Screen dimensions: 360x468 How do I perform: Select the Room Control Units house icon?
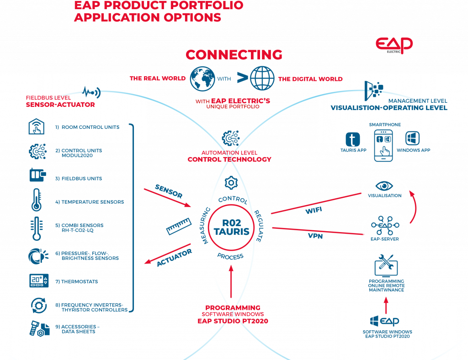[36, 127]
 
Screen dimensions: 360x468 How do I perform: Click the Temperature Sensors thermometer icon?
[36, 200]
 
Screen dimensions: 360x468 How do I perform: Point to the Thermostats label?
[80, 282]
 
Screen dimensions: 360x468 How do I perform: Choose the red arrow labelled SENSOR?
[167, 197]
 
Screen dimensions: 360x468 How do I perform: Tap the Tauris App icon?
[353, 139]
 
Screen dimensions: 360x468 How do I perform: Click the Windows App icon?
[412, 138]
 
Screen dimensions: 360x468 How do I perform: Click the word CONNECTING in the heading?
[234, 54]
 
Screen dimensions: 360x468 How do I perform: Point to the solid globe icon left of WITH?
[202, 78]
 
